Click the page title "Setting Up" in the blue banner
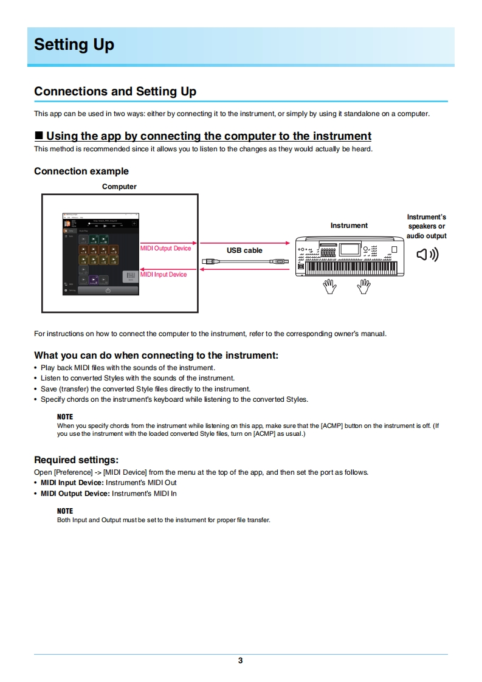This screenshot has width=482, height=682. (x=74, y=45)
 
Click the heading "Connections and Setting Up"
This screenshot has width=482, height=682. (x=115, y=92)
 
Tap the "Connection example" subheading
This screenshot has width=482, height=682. (x=81, y=171)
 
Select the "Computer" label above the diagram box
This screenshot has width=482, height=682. (x=119, y=187)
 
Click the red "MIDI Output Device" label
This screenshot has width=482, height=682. (x=166, y=248)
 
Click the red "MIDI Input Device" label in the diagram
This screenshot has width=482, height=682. (x=164, y=275)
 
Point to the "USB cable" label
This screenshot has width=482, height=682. (x=244, y=250)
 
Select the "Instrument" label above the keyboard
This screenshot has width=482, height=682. (x=349, y=226)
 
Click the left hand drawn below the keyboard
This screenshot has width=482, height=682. (x=330, y=286)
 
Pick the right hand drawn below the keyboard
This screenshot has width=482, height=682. (x=364, y=286)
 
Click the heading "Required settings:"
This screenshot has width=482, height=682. (x=76, y=460)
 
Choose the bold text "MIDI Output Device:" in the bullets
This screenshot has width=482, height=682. (x=75, y=494)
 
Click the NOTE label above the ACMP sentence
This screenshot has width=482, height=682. (x=64, y=417)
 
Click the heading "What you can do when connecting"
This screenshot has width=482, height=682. (x=156, y=356)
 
